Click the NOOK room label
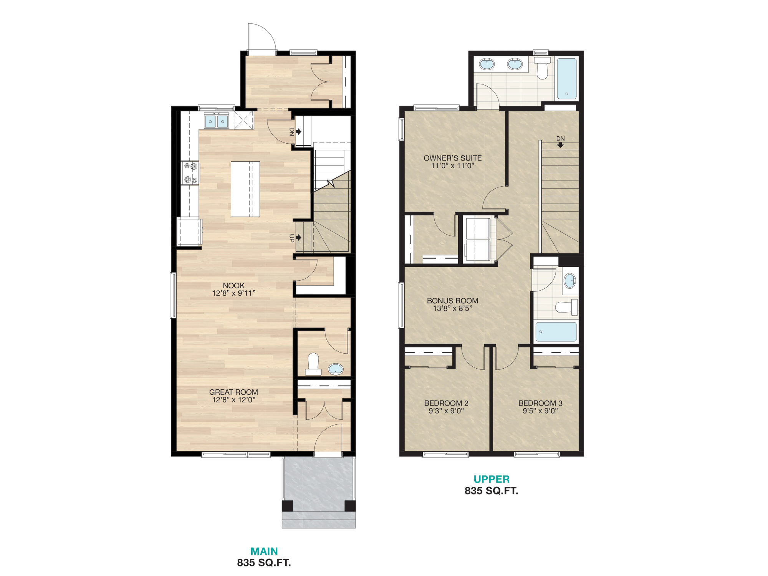(x=233, y=286)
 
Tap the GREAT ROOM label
(x=233, y=392)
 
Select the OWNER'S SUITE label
(x=452, y=158)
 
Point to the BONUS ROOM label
(x=452, y=301)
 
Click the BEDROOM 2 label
(x=446, y=403)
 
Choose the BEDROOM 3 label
(x=540, y=403)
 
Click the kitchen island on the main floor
(x=245, y=189)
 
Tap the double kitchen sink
(x=216, y=121)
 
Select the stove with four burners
(x=190, y=172)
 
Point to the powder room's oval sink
(x=336, y=369)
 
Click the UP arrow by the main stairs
(x=298, y=238)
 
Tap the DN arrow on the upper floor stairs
(x=560, y=145)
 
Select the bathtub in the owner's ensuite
(x=567, y=78)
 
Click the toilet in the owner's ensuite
(x=542, y=68)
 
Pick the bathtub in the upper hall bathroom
(x=556, y=332)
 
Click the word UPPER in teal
(x=491, y=479)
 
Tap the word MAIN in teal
(x=264, y=551)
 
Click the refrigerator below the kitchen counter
(x=189, y=232)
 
